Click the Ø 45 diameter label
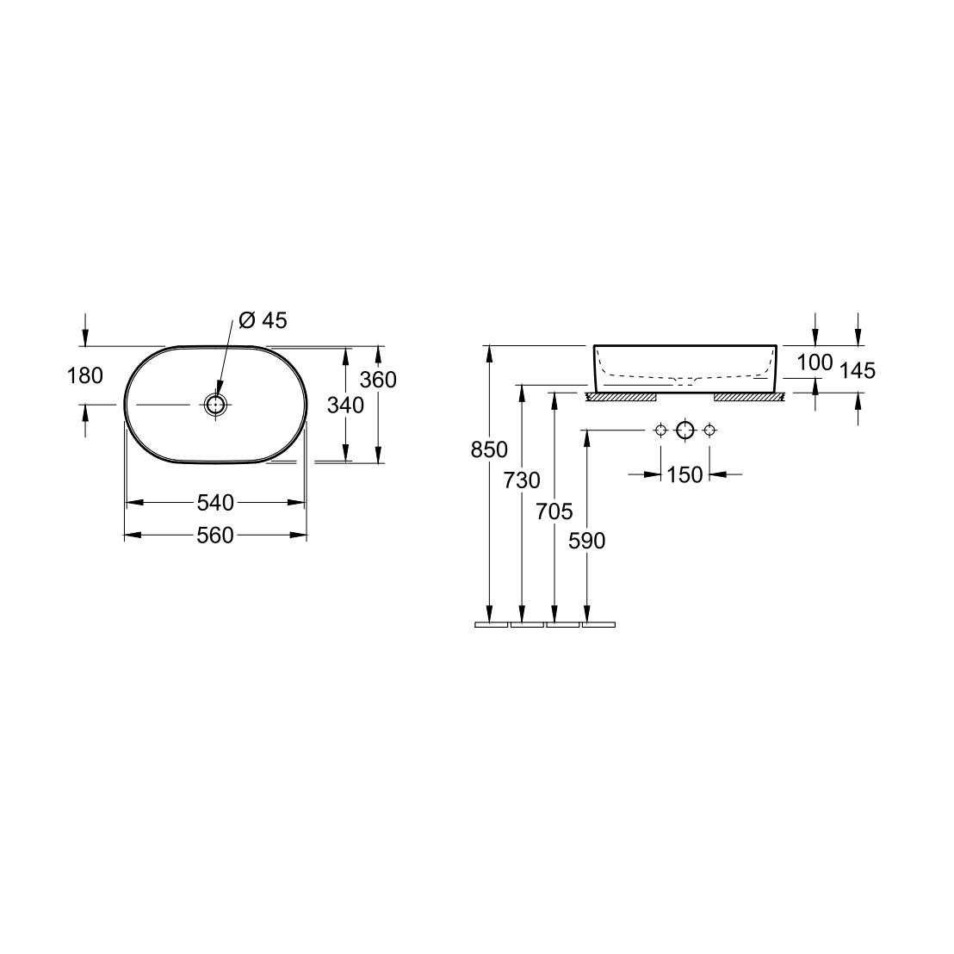(262, 320)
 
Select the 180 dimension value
(85, 375)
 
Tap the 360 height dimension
(379, 380)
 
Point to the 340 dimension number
(346, 404)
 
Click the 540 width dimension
(215, 502)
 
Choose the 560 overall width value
(215, 536)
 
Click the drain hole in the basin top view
(215, 404)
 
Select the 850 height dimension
(490, 449)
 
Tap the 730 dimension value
(523, 480)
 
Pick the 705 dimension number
(554, 511)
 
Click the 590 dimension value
(587, 541)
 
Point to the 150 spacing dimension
(685, 474)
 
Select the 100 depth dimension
(815, 362)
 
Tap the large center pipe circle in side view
(685, 431)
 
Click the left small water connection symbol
(660, 431)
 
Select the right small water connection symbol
(709, 431)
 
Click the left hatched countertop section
(621, 397)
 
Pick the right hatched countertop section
(748, 397)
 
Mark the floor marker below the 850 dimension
(491, 624)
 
